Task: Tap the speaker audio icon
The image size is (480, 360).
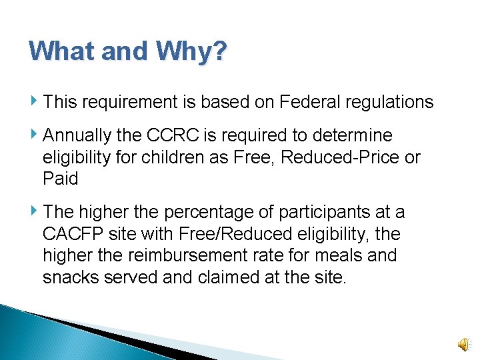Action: pyautogui.click(x=462, y=343)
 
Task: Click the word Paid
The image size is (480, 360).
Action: pyautogui.click(x=60, y=179)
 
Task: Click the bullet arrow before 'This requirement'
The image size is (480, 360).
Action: pyautogui.click(x=35, y=101)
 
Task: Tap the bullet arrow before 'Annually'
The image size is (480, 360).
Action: pyautogui.click(x=35, y=135)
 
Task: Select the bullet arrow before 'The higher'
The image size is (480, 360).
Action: pyautogui.click(x=35, y=211)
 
